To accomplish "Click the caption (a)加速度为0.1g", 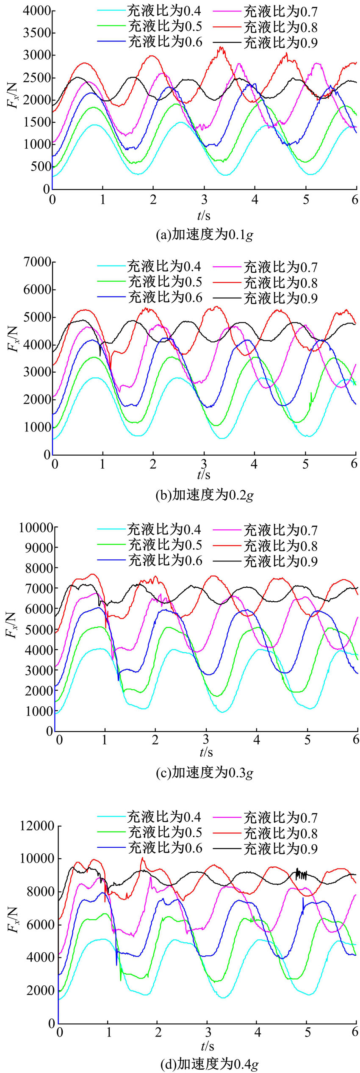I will pyautogui.click(x=205, y=234).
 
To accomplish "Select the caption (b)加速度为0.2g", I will pyautogui.click(x=205, y=494).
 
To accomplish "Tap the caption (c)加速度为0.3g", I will pyautogui.click(x=205, y=772).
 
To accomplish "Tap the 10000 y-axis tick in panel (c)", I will pyautogui.click(x=36, y=528).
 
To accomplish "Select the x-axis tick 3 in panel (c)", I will pyautogui.click(x=206, y=739).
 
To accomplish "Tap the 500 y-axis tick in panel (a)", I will pyautogui.click(x=40, y=166).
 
